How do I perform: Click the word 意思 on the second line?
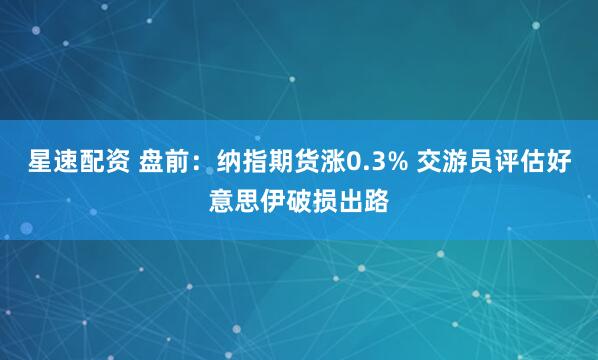pos(236,198)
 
